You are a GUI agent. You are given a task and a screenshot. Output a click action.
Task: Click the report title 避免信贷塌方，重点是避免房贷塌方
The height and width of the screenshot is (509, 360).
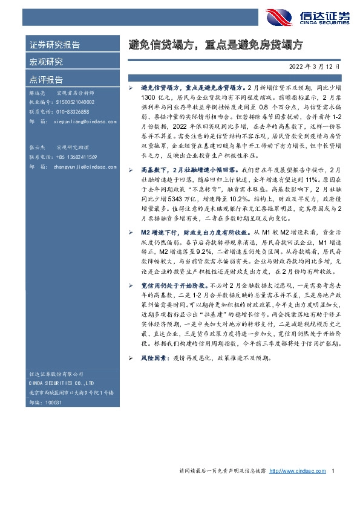coord(215,45)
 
